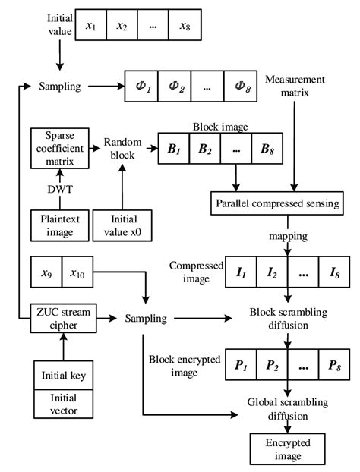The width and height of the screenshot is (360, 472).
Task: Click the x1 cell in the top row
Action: pos(91,26)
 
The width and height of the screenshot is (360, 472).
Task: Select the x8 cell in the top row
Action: pos(185,26)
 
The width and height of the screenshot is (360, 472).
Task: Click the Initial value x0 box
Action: pos(118,225)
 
